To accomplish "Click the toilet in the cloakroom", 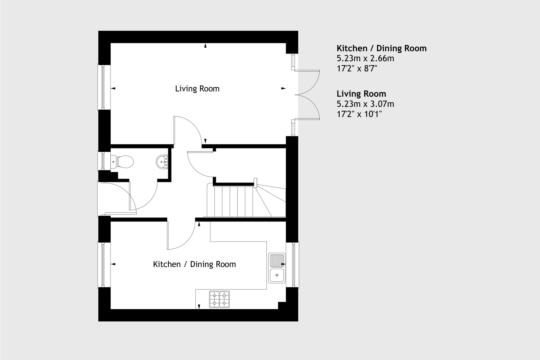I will pyautogui.click(x=123, y=162).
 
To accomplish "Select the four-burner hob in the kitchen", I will pyautogui.click(x=219, y=299).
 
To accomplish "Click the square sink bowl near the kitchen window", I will pyautogui.click(x=277, y=275).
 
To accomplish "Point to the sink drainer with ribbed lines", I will pyautogui.click(x=277, y=260).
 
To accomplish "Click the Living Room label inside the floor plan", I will pyautogui.click(x=197, y=89).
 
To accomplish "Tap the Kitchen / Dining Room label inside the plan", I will pyautogui.click(x=194, y=264).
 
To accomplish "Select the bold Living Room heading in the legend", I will pyautogui.click(x=361, y=94).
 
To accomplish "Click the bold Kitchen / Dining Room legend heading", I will pyautogui.click(x=382, y=48).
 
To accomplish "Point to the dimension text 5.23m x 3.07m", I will pyautogui.click(x=365, y=104).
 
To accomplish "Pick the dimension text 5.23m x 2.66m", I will pyautogui.click(x=365, y=58).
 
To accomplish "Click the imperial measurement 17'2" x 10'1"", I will pyautogui.click(x=359, y=114).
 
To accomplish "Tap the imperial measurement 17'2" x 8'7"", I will pyautogui.click(x=357, y=68).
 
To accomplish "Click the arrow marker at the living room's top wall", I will pyautogui.click(x=205, y=46).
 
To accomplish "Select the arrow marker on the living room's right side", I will pyautogui.click(x=283, y=88).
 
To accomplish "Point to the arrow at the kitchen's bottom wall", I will pyautogui.click(x=199, y=306).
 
